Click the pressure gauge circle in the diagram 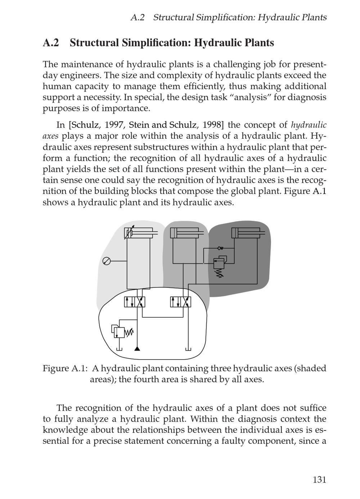(107, 261)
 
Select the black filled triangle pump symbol (137, 348)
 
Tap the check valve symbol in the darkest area (220, 248)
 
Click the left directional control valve (135, 302)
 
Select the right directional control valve (181, 302)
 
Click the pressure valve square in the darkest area (219, 263)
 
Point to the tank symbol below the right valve (188, 349)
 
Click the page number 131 (319, 480)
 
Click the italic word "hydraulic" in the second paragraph (309, 125)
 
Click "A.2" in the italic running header (137, 17)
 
